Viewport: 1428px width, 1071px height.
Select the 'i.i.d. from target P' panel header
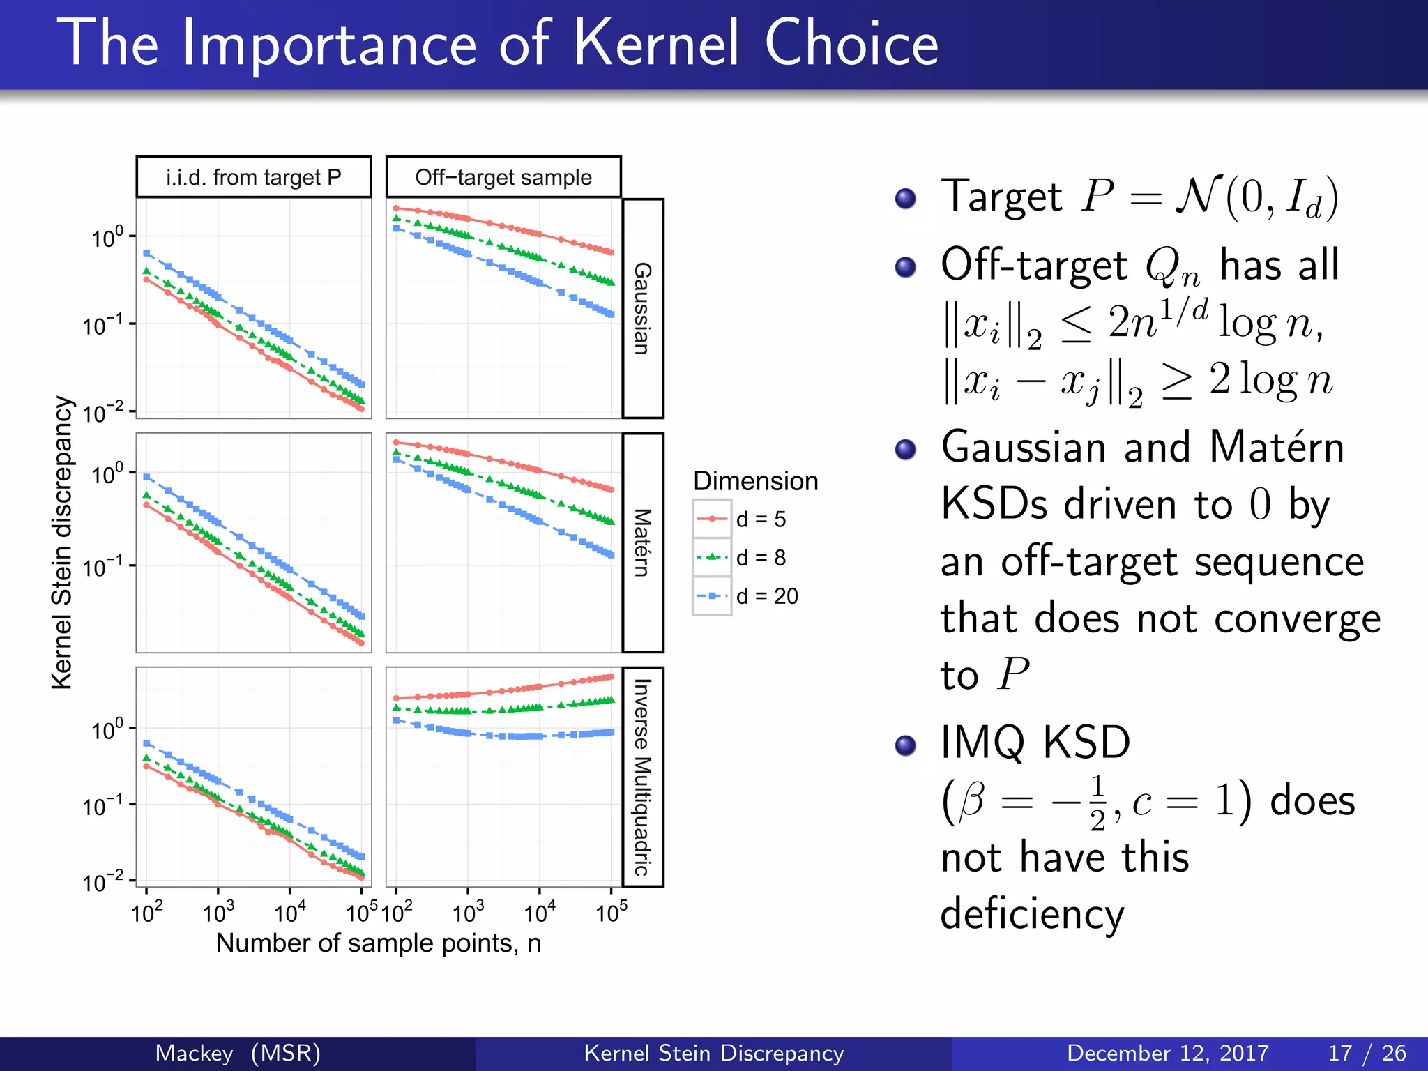click(x=254, y=177)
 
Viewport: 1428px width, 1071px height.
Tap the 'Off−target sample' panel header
click(x=503, y=177)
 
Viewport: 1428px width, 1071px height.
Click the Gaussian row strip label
click(x=642, y=308)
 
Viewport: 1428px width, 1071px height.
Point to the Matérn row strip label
click(x=642, y=542)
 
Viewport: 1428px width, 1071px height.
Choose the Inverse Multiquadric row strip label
click(x=642, y=777)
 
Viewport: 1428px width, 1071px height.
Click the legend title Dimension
click(x=755, y=481)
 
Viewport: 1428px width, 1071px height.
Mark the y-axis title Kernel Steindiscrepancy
click(x=62, y=542)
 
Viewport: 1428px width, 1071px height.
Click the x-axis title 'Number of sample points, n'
click(x=378, y=943)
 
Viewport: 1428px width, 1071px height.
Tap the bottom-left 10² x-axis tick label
click(x=146, y=912)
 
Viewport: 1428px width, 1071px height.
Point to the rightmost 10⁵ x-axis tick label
click(x=612, y=912)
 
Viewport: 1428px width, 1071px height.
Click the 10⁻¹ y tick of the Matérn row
click(x=103, y=567)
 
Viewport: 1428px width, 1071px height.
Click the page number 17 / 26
click(x=1367, y=1053)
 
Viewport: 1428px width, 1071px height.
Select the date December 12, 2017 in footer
click(x=1167, y=1053)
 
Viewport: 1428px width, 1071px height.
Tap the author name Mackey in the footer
click(x=194, y=1053)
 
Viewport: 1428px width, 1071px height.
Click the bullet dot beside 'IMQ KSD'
click(x=905, y=745)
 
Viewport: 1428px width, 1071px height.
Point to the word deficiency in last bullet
click(x=1032, y=915)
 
